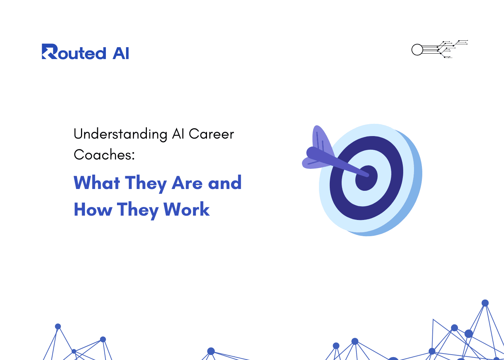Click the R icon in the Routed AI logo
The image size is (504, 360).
coord(50,51)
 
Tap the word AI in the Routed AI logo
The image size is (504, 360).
coord(121,54)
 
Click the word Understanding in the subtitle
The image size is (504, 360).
coord(120,134)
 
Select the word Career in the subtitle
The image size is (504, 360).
coord(211,134)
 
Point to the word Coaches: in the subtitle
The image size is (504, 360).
coord(104,155)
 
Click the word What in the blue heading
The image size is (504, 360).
coord(97,183)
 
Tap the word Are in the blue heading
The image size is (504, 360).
coord(187,183)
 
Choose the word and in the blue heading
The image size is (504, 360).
coord(225,183)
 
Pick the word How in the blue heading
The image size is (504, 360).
coord(93,210)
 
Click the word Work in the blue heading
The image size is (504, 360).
coord(186,209)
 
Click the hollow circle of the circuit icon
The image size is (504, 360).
coord(417,50)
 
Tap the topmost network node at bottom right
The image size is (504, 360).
coord(485,303)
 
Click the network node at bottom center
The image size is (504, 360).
coord(211,351)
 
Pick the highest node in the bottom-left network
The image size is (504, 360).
coord(58,326)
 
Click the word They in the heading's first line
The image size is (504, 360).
coord(145,183)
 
